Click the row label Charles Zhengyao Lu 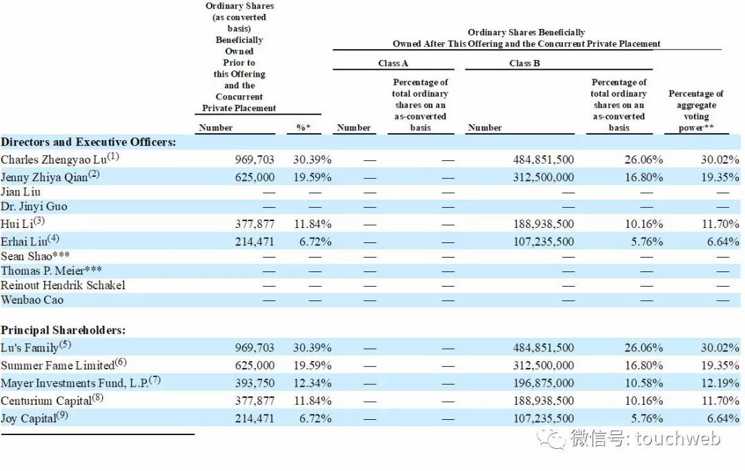point(55,160)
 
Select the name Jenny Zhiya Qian point(46,176)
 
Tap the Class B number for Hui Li point(543,224)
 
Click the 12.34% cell point(312,383)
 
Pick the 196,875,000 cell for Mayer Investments point(543,383)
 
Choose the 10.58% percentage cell point(644,383)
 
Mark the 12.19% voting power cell point(720,383)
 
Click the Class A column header point(393,64)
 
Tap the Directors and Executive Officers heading point(88,142)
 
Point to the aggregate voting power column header point(695,110)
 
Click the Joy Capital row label point(30,419)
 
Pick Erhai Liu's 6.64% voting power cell point(722,242)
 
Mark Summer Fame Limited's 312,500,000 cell point(543,366)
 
